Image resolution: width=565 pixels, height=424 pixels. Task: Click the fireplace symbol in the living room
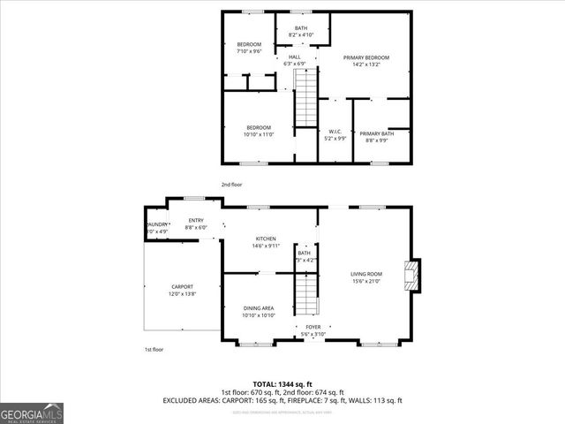pos(411,275)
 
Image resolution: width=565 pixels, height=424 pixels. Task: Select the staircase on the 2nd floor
pos(305,99)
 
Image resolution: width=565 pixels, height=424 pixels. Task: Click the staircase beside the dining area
pos(305,294)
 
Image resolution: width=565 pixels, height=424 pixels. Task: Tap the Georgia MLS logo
pos(32,413)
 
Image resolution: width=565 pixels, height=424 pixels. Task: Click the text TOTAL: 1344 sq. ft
pos(282,384)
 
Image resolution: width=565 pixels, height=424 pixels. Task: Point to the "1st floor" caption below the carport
pos(154,349)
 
